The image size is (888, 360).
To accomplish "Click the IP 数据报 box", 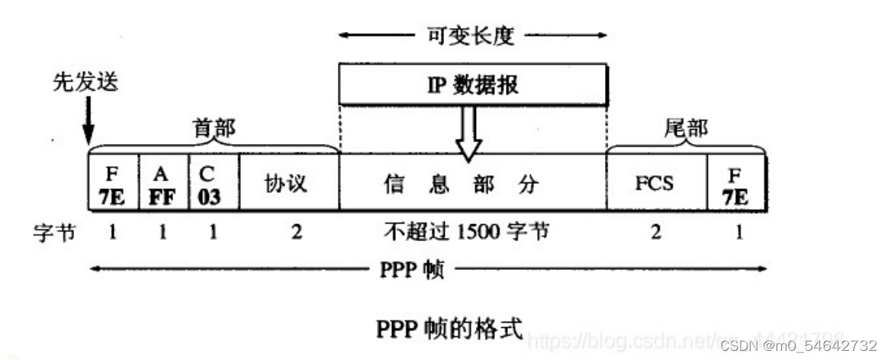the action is [473, 84].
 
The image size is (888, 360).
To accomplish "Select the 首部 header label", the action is [213, 130].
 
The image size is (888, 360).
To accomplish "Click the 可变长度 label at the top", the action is [473, 34].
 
